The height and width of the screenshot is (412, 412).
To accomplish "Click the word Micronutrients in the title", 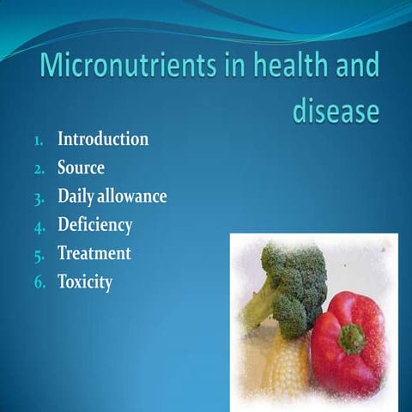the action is [128, 64].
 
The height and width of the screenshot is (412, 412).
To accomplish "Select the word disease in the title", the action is [336, 110].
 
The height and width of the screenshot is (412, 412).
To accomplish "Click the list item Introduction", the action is [103, 139].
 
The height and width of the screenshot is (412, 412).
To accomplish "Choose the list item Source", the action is [81, 167].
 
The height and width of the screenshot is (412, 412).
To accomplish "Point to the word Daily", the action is [76, 197].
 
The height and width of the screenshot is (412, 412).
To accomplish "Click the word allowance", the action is [132, 197].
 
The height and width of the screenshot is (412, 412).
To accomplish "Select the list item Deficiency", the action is [95, 225].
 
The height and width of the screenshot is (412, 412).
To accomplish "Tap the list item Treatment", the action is [94, 253].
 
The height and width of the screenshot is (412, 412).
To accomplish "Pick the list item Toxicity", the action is [85, 282].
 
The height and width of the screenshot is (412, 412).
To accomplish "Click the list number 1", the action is [39, 142].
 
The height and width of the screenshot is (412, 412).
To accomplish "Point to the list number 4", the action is [39, 227].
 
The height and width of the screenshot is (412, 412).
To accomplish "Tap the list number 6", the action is [39, 282].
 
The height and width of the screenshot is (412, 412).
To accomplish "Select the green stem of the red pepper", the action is [352, 339].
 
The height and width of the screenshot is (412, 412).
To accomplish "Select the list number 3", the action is [39, 199].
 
